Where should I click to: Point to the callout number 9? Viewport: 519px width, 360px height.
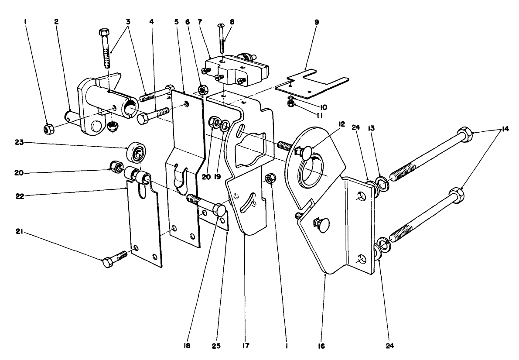[x=317, y=21]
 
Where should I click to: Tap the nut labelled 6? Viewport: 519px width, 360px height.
[x=202, y=90]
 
